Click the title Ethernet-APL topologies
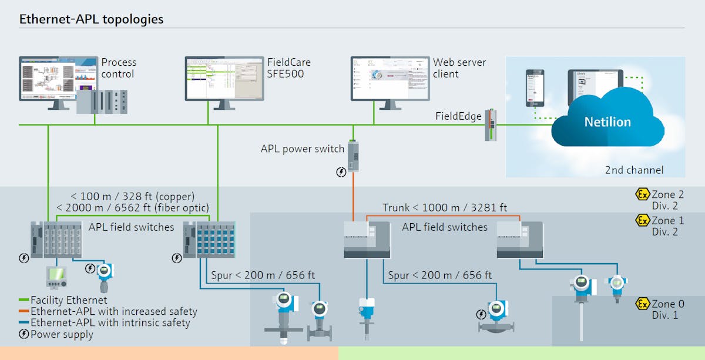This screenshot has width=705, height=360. tap(91, 19)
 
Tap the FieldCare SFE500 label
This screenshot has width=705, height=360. tap(289, 68)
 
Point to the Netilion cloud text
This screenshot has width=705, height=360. tap(607, 122)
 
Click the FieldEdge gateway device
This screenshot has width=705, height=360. tap(490, 125)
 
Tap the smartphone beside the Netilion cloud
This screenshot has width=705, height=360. tap(535, 88)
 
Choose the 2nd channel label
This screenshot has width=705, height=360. tap(634, 170)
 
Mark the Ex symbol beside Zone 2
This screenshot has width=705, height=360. tap(642, 194)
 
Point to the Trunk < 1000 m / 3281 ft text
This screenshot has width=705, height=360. tap(445, 207)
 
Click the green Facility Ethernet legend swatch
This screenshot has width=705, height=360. tap(23, 301)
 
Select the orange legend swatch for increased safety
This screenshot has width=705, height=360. tap(23, 312)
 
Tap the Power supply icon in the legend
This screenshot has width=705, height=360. tap(23, 334)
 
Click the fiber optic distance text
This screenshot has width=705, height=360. tap(133, 207)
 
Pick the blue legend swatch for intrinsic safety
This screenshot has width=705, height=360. tap(23, 322)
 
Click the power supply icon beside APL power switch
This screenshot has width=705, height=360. tap(341, 172)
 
